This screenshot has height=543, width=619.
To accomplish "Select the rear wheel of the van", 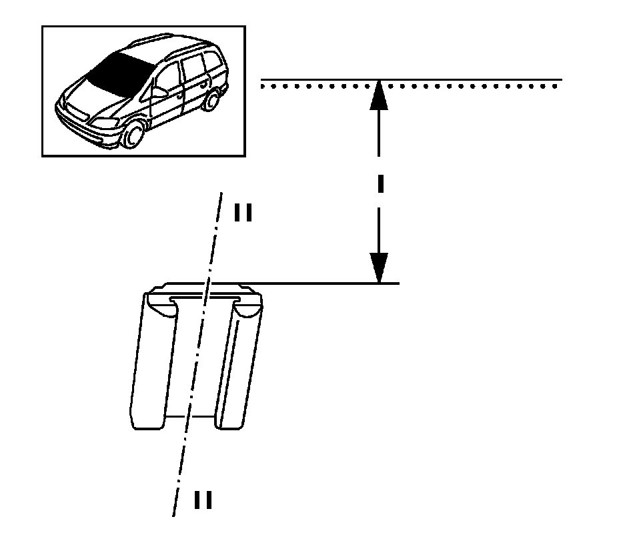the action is tap(212, 101).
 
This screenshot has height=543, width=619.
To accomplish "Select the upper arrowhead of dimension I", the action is tap(379, 94).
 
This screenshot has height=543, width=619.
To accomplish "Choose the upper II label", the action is tap(242, 212).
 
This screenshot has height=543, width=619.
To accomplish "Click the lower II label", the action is tap(203, 500).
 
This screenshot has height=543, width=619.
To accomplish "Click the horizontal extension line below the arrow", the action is tap(320, 284).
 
